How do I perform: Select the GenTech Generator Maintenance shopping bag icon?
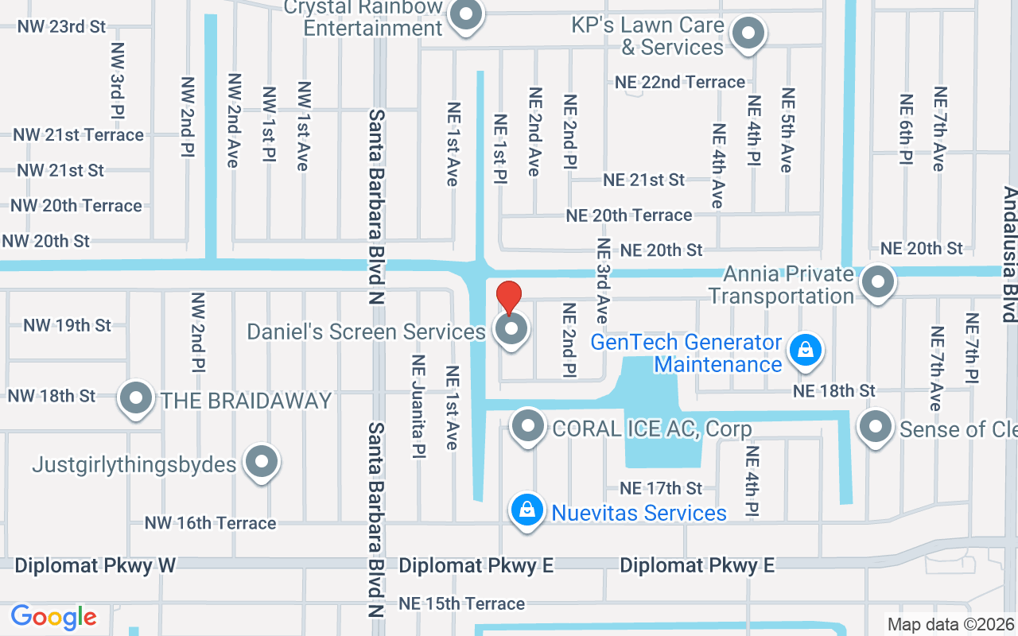click(x=805, y=350)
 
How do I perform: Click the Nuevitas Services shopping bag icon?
click(x=526, y=510)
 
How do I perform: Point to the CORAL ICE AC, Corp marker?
click(x=527, y=428)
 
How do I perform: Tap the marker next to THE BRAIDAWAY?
click(x=135, y=397)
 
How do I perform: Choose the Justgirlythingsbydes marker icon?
click(x=261, y=462)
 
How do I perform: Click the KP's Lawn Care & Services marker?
click(x=747, y=34)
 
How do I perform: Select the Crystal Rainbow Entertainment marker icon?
click(x=465, y=16)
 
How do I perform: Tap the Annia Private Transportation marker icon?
click(x=878, y=281)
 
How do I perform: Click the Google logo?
click(x=53, y=617)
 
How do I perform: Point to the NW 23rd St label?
click(x=61, y=26)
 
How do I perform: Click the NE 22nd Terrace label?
click(x=680, y=82)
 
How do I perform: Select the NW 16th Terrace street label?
click(x=210, y=523)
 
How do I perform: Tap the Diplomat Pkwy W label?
click(x=95, y=565)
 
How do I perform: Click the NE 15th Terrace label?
click(x=462, y=603)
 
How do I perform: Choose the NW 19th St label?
click(x=68, y=325)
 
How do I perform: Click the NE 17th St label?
click(x=661, y=487)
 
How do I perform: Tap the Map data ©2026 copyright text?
click(x=950, y=625)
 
